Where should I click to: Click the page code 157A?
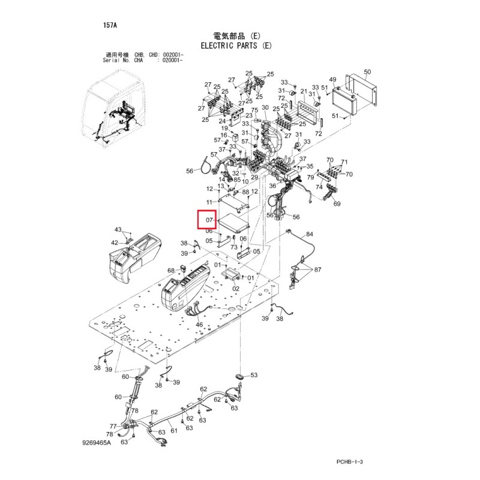110,25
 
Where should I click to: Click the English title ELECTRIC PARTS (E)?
236,46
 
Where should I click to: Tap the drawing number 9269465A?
97,443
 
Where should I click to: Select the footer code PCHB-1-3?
350,461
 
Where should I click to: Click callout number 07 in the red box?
209,220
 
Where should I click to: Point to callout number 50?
367,71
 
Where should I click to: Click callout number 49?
333,79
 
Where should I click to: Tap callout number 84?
310,234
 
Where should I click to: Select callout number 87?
318,269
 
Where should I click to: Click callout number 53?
254,375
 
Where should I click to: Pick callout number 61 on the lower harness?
174,431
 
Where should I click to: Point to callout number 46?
199,325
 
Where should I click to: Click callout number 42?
114,243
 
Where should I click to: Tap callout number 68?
171,271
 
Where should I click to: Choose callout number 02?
236,289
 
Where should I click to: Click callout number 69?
337,203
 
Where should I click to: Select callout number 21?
304,91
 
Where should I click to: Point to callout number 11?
209,202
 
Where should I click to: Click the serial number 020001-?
172,61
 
